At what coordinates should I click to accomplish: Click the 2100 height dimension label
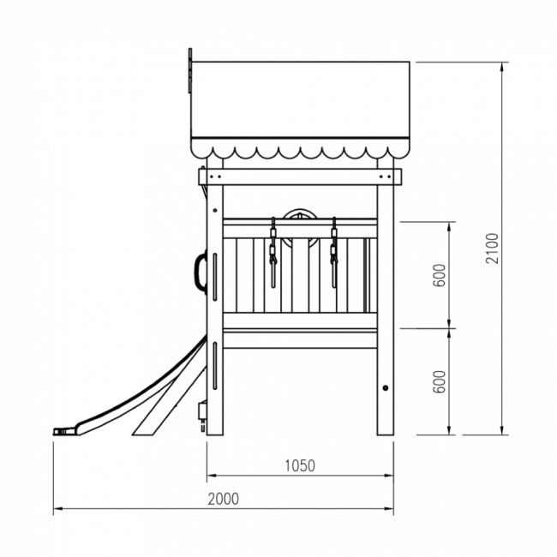(492, 249)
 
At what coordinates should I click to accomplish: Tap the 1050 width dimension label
(300, 465)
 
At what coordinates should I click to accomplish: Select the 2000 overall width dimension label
(223, 499)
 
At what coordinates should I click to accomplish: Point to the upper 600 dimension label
(439, 275)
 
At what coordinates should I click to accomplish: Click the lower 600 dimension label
(439, 381)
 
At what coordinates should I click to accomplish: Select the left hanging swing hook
(273, 252)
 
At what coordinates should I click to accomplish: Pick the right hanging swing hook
(334, 252)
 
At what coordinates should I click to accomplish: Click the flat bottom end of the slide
(64, 431)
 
